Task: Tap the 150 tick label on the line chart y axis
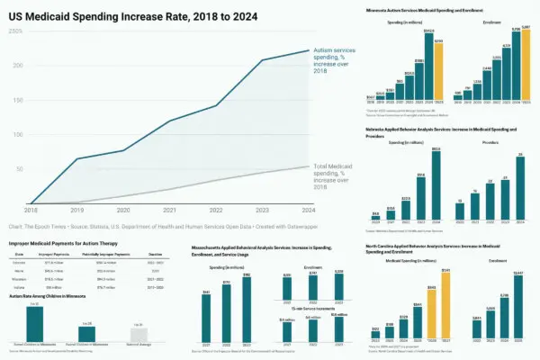point(15,100)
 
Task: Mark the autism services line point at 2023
point(263,60)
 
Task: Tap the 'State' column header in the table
point(20,256)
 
